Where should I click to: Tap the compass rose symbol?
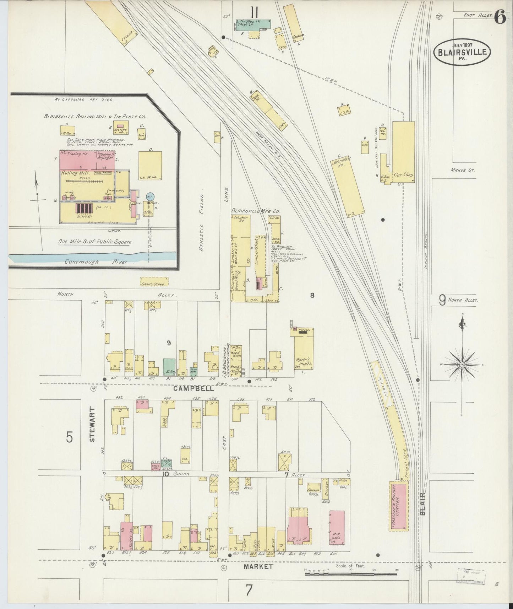[x=462, y=365]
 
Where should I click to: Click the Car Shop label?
[x=404, y=175]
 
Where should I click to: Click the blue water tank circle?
[x=150, y=196]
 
